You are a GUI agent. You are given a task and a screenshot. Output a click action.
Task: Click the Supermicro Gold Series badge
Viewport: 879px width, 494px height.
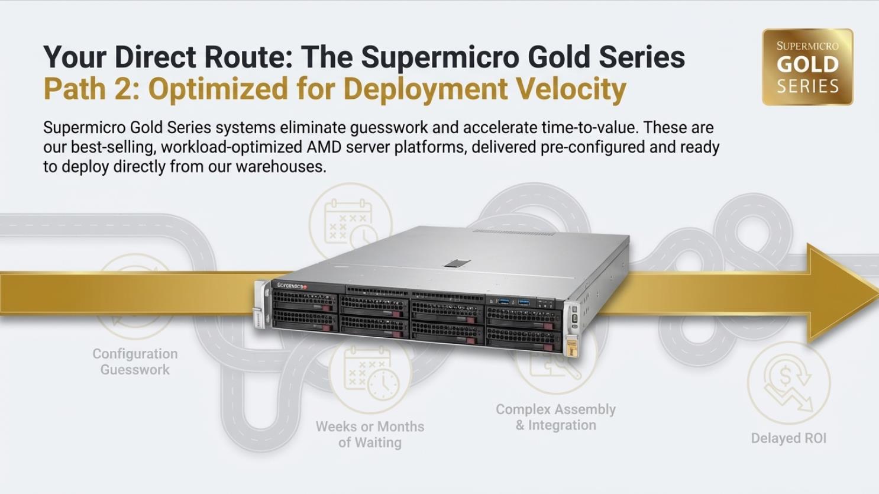[807, 67]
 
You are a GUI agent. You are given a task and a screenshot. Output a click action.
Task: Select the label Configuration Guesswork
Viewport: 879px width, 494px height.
[135, 361]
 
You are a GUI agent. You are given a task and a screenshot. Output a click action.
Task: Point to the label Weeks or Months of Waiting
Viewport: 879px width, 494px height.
[370, 434]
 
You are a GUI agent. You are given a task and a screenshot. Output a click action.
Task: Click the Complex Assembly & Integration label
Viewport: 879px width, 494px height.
[555, 417]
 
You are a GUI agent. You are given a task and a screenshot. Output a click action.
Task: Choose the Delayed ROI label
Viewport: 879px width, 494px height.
[788, 438]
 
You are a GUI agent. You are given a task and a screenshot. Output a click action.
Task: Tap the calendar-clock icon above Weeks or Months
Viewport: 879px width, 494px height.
[370, 374]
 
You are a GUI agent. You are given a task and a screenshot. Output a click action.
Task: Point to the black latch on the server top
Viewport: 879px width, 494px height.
[457, 263]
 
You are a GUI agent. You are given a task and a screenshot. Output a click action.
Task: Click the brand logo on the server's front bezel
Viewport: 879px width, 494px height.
[292, 286]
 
